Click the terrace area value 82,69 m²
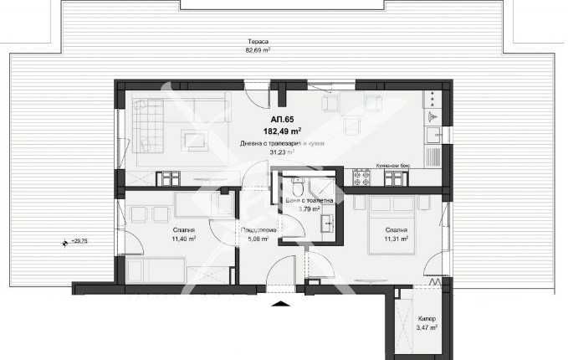click(257, 49)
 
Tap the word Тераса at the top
click(258, 41)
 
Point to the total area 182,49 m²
click(284, 132)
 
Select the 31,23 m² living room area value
click(281, 152)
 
